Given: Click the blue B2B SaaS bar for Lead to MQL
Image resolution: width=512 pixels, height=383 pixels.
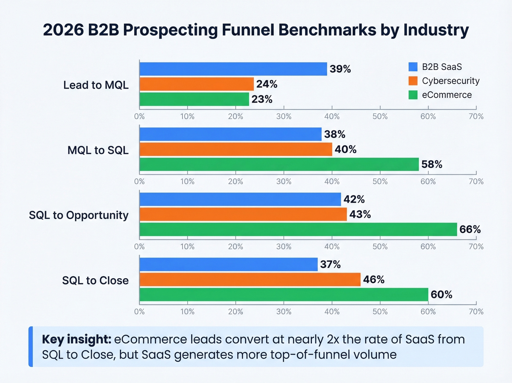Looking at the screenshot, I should tap(233, 69).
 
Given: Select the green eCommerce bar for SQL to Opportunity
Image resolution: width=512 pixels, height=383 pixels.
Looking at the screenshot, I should tap(298, 229).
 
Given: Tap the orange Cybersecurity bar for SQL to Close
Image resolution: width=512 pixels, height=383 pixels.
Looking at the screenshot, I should tap(250, 280).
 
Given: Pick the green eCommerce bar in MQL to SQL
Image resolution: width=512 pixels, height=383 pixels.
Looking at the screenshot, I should tap(279, 164).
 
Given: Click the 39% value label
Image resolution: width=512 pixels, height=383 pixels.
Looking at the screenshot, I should tap(340, 69).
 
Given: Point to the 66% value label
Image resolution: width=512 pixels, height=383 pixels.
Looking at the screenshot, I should tap(470, 229).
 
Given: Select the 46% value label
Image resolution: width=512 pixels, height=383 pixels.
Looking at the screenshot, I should tap(373, 280).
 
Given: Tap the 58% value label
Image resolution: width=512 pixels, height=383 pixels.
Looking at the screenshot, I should tap(432, 164).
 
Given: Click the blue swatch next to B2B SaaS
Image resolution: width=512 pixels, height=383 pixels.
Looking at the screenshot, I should tap(413, 67).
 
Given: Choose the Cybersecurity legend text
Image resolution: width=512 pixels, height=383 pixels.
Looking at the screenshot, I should tap(451, 81).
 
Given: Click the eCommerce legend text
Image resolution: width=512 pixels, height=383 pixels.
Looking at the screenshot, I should tap(447, 95).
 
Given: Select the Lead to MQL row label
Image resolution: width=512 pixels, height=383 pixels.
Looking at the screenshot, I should tap(96, 85).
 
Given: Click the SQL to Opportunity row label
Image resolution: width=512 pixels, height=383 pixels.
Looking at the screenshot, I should tap(79, 215).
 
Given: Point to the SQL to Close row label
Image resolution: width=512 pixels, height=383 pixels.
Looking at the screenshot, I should tap(95, 280).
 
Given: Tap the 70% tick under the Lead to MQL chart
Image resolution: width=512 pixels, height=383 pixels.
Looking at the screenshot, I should tap(476, 117).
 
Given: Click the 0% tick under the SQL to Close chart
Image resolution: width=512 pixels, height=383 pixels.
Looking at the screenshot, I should tap(139, 312).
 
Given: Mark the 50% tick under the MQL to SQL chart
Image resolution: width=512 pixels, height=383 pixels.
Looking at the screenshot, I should tap(380, 181).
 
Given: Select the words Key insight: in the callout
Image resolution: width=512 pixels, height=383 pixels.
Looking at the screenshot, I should tap(76, 339).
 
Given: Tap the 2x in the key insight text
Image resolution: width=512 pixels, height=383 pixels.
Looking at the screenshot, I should tap(333, 339).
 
